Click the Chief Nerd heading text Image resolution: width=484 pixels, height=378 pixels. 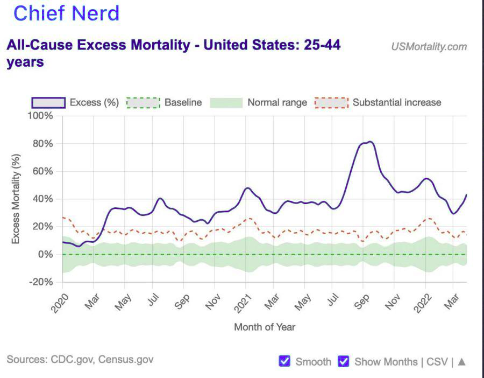pos(66,13)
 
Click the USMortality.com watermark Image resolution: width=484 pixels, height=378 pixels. pos(429,46)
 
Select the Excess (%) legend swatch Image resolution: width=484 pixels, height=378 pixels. pos(49,102)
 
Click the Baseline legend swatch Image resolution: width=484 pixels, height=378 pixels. pos(143,102)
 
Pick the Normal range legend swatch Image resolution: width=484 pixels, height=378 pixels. pos(226,102)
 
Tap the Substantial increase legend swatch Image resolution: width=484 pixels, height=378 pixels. pos(331,102)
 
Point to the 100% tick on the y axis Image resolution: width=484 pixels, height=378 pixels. pos(40,116)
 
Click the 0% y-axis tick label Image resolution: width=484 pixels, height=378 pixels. pos(46,254)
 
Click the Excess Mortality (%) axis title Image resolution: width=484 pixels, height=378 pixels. pos(16,199)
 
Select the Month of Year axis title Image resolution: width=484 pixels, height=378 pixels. pos(265,327)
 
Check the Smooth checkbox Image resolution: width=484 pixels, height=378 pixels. pos(284,361)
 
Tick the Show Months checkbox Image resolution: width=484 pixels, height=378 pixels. pos(343,361)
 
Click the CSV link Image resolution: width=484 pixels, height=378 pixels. pos(437,361)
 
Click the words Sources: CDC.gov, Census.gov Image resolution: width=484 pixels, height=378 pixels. pos(80,359)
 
